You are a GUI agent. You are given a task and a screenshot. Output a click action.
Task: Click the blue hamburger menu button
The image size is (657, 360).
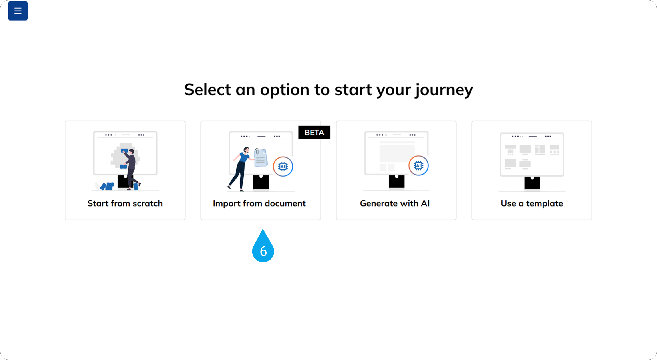tap(18, 11)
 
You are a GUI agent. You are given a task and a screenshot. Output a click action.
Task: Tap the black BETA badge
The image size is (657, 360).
tap(314, 132)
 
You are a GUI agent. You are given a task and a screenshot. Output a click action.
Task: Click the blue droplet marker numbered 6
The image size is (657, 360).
tap(263, 246)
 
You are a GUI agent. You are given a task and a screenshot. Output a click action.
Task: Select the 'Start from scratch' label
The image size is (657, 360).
tap(125, 203)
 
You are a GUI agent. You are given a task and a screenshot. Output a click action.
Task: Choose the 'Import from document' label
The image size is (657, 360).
tap(259, 203)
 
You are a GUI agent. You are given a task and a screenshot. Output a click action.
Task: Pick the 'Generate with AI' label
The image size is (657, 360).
tap(395, 203)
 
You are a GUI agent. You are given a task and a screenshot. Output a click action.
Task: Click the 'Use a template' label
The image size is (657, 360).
tap(532, 203)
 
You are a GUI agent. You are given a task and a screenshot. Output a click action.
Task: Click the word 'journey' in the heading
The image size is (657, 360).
tap(444, 90)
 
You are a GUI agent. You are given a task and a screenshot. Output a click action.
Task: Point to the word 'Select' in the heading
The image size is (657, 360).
tap(207, 90)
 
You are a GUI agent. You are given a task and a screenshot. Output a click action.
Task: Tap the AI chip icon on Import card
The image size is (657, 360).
tap(283, 167)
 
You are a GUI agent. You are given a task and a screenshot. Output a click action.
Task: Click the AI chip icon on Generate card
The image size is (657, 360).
tap(418, 165)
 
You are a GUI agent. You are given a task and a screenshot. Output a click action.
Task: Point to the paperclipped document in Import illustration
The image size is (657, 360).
tap(260, 157)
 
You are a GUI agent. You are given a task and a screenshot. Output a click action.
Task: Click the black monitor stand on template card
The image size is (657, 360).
tap(532, 183)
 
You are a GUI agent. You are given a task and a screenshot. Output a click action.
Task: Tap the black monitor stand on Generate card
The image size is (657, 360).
tap(396, 181)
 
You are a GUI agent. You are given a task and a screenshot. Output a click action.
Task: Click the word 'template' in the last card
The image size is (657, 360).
tap(545, 204)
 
